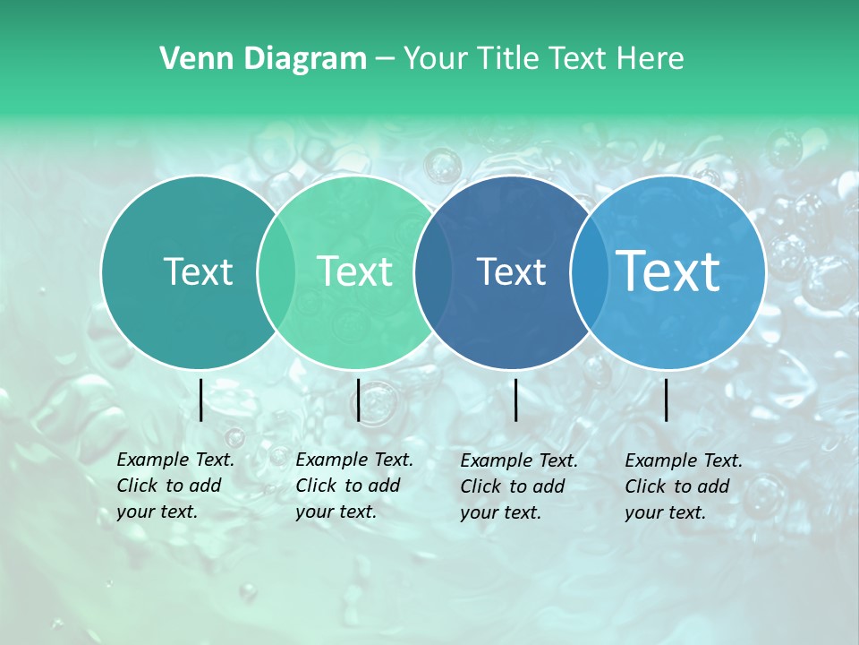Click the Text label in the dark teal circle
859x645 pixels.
(198, 271)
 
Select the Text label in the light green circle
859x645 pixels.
(354, 271)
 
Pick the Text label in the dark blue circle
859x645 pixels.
(511, 271)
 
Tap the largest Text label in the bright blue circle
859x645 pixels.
(668, 271)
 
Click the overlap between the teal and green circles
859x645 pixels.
(276, 271)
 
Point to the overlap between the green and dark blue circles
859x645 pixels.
(432, 271)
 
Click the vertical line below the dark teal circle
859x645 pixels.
(201, 400)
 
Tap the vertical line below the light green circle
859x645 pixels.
(358, 400)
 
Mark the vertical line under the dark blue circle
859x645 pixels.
(516, 400)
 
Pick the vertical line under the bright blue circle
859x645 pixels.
(667, 400)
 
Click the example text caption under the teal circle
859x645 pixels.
(174, 486)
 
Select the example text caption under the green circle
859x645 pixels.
(353, 486)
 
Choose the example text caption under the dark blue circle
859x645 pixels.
(518, 486)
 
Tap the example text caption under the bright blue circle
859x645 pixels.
(683, 486)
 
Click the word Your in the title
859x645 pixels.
(436, 59)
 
